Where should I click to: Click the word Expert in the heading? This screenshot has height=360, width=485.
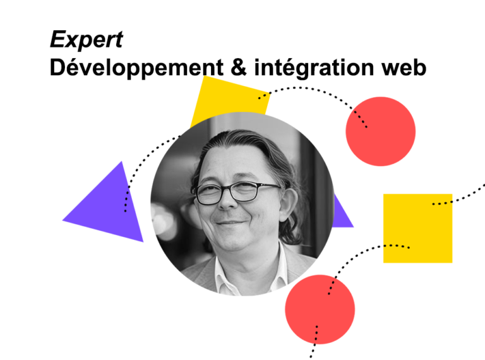tap(86, 40)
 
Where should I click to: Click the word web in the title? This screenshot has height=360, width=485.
tap(402, 66)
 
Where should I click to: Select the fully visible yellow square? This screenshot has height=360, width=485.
tap(417, 228)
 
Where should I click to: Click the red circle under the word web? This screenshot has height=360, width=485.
tap(380, 131)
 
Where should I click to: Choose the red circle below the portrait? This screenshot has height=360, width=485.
tap(320, 309)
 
